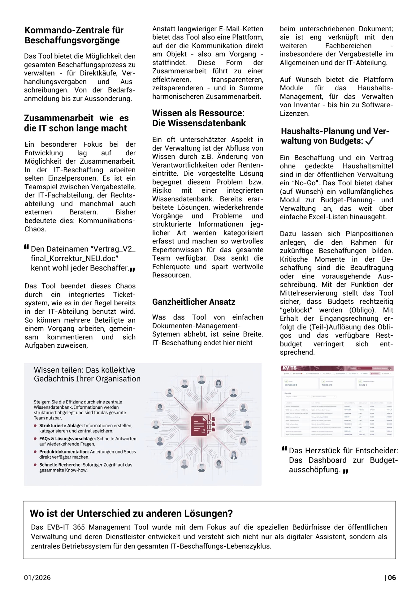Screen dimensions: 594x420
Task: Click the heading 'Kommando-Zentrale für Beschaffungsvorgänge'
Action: pos(74,35)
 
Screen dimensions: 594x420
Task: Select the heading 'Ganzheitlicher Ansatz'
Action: pos(193,302)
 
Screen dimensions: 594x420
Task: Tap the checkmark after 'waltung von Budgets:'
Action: pos(370,141)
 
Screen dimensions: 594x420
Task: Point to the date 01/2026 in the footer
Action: pos(37,578)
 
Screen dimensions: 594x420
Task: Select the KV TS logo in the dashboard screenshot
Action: pos(289,368)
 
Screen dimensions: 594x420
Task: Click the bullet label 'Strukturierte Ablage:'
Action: pos(61,426)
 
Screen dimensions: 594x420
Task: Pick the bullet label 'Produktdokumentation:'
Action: pos(64,452)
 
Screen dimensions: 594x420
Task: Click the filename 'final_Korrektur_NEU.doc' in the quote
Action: pos(74,259)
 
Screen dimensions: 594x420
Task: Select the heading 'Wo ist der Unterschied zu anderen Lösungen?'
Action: pos(131,514)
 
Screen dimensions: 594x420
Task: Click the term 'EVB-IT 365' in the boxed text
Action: pos(66,527)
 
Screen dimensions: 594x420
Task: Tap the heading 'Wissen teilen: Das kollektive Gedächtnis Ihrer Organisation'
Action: pos(87,374)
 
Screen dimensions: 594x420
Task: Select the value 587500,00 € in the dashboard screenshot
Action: pos(291,385)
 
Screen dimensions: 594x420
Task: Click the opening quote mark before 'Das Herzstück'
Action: pos(284,449)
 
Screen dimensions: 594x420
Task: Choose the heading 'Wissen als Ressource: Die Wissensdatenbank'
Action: pos(199,118)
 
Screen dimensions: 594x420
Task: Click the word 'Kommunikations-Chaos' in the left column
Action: pos(107,221)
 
